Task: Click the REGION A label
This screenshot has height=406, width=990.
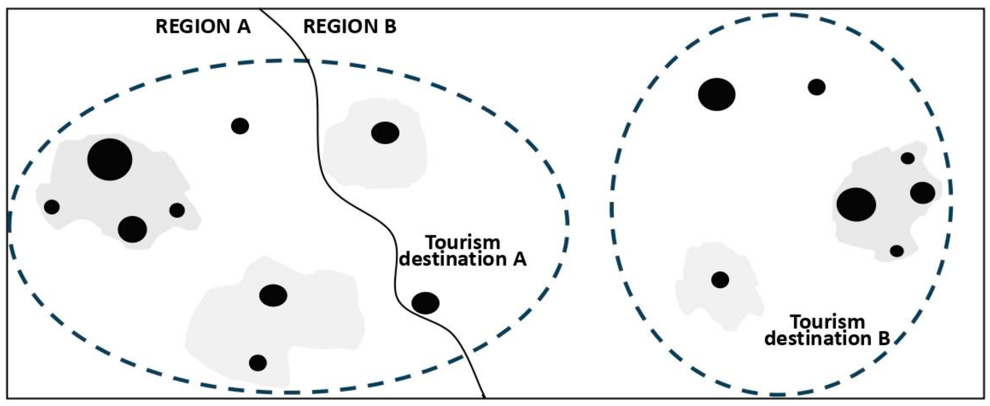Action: point(203,27)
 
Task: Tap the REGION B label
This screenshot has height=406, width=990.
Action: point(349,27)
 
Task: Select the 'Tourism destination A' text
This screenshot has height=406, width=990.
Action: point(463,251)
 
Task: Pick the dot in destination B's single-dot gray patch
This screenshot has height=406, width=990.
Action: point(720,279)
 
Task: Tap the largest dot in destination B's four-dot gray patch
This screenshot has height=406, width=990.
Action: point(856,204)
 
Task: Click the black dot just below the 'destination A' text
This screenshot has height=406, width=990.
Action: point(425,303)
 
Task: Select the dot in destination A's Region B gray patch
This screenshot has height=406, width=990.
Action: point(385,133)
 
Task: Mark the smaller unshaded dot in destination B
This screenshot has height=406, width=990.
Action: point(816,87)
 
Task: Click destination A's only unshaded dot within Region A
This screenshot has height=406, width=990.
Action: point(240,126)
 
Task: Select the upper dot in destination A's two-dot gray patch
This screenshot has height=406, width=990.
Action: point(273,295)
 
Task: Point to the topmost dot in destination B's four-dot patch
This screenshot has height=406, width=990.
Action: point(907,158)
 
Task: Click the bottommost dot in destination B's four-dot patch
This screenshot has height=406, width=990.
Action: point(897,251)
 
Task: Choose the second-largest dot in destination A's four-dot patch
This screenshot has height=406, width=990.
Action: point(132,229)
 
